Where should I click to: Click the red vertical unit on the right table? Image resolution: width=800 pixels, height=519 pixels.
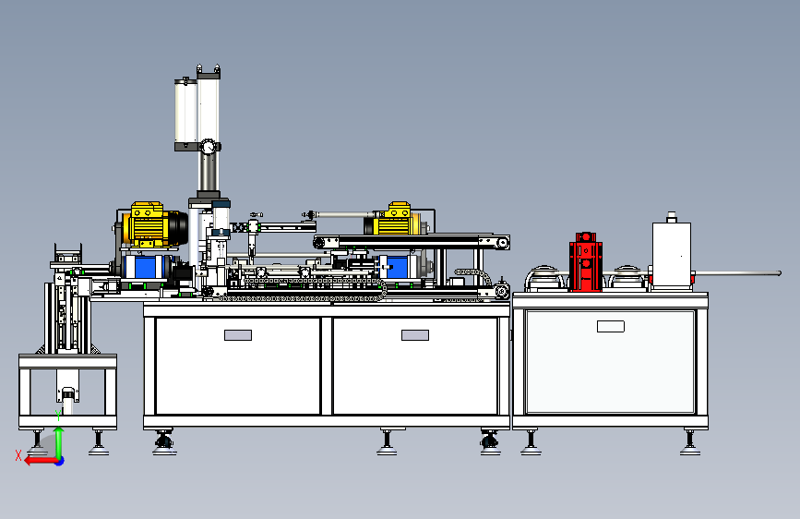tap(585, 262)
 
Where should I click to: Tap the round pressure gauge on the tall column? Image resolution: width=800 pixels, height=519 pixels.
tap(208, 147)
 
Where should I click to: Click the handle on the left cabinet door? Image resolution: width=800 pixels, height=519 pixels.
tap(238, 335)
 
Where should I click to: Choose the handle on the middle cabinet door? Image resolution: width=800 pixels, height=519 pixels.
tap(415, 335)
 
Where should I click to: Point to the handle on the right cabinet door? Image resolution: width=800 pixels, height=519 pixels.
tap(611, 326)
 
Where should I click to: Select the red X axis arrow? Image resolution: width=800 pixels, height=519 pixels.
tap(41, 461)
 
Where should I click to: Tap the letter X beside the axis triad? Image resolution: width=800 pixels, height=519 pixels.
tap(18, 455)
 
